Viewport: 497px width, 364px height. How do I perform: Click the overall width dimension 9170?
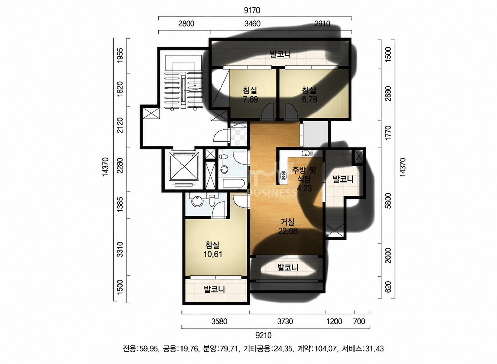pyautogui.click(x=252, y=11)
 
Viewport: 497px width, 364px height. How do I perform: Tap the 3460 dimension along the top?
pyautogui.click(x=252, y=24)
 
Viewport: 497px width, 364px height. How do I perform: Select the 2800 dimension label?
pyautogui.click(x=186, y=24)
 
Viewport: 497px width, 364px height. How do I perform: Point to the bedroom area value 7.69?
pyautogui.click(x=250, y=100)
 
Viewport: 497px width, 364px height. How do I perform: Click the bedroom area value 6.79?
pyautogui.click(x=309, y=100)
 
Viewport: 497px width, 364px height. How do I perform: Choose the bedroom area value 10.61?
pyautogui.click(x=213, y=254)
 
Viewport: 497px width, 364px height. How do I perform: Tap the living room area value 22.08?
pyautogui.click(x=288, y=231)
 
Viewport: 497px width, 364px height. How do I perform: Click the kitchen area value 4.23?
pyautogui.click(x=304, y=188)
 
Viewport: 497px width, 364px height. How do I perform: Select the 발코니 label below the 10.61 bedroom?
pyautogui.click(x=214, y=289)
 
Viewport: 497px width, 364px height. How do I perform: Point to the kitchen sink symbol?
pyautogui.click(x=307, y=153)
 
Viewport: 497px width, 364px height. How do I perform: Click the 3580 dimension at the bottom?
pyautogui.click(x=219, y=321)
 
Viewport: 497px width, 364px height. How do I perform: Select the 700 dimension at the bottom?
pyautogui.click(x=359, y=321)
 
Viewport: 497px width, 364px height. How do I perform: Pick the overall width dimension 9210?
pyautogui.click(x=263, y=335)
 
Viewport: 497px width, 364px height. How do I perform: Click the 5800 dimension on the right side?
pyautogui.click(x=388, y=200)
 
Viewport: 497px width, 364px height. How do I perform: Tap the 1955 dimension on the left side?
pyautogui.click(x=120, y=55)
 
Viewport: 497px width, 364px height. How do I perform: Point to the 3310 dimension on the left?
pyautogui.click(x=120, y=249)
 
